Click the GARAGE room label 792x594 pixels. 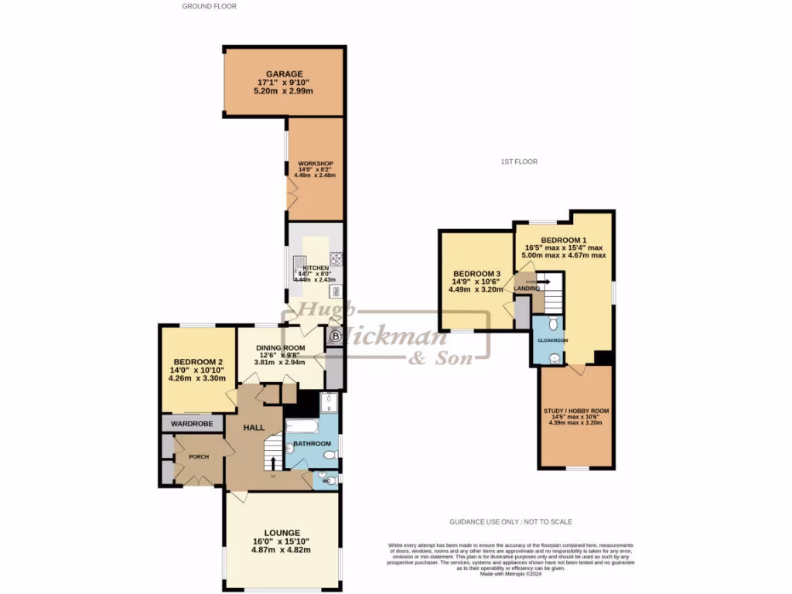(285, 73)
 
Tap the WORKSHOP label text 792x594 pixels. (316, 163)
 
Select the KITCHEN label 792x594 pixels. (316, 268)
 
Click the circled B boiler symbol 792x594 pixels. (335, 336)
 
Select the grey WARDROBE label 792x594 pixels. (192, 424)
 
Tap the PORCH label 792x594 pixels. (199, 456)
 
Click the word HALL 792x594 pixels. (255, 427)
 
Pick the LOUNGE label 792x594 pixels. (282, 533)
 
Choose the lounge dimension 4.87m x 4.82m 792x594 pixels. (282, 550)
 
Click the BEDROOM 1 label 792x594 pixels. (565, 240)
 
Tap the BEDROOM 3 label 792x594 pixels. (476, 274)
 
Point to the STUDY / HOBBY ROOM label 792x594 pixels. (578, 410)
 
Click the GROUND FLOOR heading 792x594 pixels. (209, 6)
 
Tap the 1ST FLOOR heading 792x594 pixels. (518, 162)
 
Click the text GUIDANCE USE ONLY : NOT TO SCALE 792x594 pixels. (510, 522)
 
